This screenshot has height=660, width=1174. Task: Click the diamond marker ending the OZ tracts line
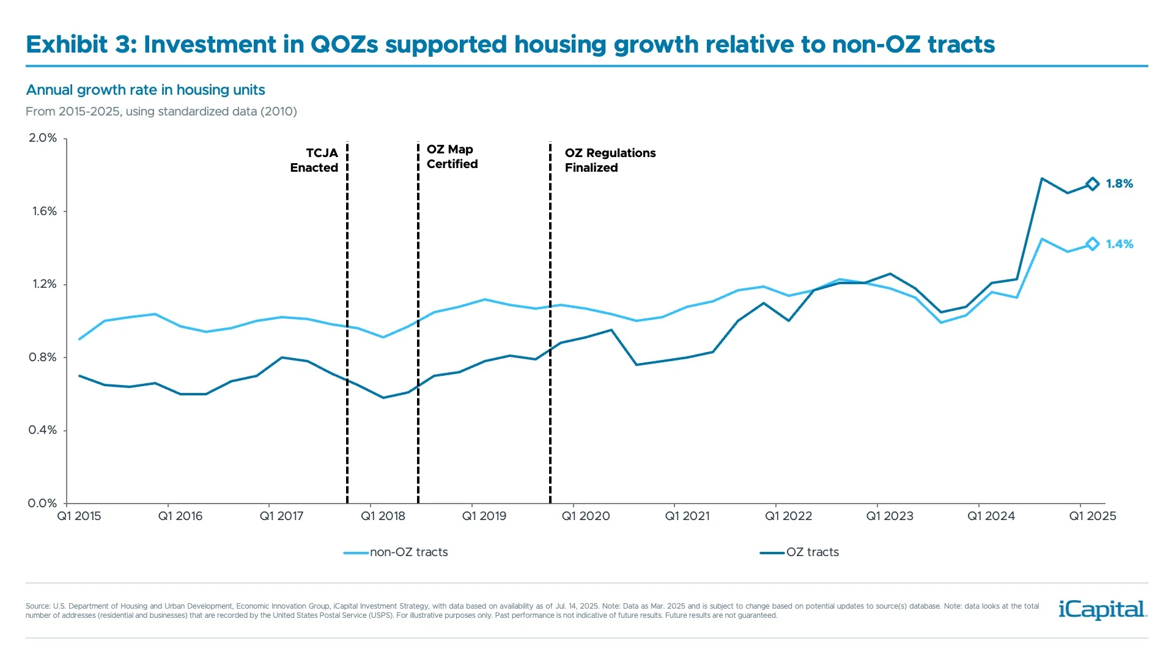tap(1092, 184)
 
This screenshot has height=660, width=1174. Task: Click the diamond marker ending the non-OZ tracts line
tap(1092, 244)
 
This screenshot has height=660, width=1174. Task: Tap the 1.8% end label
tap(1119, 184)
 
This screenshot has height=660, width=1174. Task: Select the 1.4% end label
tap(1119, 244)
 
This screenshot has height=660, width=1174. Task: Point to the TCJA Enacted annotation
tap(314, 160)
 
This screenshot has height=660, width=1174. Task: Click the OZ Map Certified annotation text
tap(452, 156)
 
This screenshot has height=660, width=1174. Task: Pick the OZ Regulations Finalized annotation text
tap(610, 160)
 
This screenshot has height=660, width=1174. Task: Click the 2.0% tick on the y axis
tap(43, 138)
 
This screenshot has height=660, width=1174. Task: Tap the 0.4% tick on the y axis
tap(43, 430)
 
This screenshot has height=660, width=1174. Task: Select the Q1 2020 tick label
tap(586, 516)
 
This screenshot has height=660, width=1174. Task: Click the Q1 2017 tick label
tap(281, 516)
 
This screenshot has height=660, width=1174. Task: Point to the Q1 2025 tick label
tap(1092, 516)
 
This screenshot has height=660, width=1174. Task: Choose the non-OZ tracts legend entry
tap(408, 552)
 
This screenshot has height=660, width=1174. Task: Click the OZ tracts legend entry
tap(811, 552)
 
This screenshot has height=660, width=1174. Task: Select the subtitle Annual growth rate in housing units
tap(146, 90)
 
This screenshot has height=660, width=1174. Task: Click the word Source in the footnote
tap(37, 606)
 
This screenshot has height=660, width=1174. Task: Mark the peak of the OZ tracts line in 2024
tap(1042, 178)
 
